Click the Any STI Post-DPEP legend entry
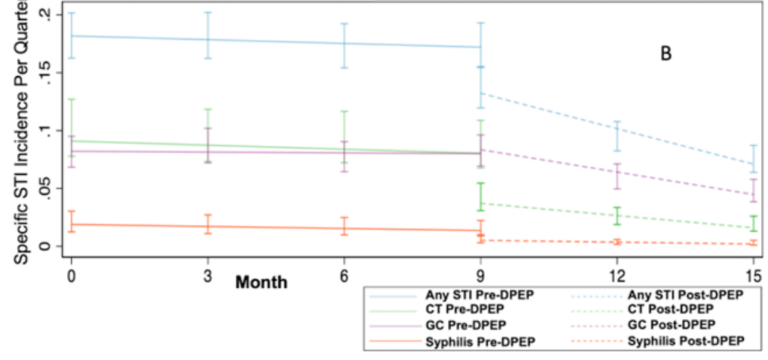tap(686, 295)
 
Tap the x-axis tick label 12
tap(617, 275)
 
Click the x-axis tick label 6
tap(344, 275)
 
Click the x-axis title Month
tap(262, 282)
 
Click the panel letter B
tap(666, 54)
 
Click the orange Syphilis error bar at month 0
tap(71, 221)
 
